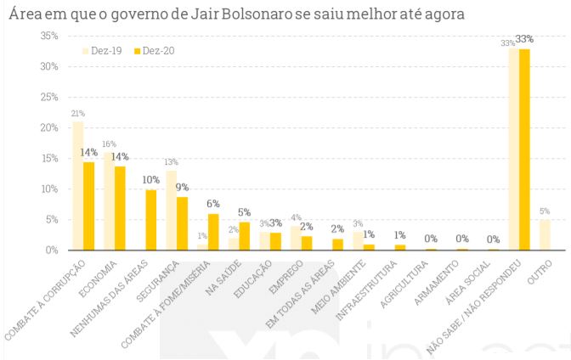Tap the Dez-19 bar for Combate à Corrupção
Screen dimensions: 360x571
point(78,186)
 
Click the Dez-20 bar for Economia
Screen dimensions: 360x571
point(120,208)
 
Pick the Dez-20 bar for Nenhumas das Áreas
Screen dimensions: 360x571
point(150,220)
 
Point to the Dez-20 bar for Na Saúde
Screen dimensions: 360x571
point(243,236)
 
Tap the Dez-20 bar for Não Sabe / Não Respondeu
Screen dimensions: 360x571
point(524,149)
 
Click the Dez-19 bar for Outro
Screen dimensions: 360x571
point(545,235)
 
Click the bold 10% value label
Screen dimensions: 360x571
point(150,180)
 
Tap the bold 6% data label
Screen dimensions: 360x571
point(213,204)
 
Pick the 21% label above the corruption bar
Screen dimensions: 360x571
point(78,113)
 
